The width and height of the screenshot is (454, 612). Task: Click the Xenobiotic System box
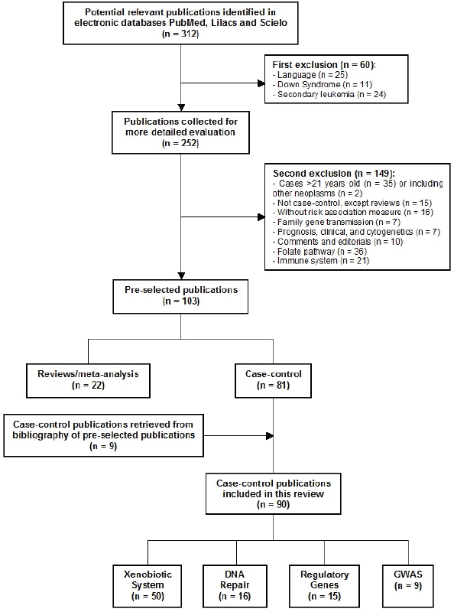pos(148,586)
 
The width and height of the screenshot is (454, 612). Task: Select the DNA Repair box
pos(235,586)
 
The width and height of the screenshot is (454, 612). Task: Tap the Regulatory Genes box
pos(324,586)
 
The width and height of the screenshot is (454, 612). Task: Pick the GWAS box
pos(408,584)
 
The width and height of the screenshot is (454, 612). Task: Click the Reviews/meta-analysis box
pos(88,380)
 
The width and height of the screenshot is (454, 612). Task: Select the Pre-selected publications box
pos(180,296)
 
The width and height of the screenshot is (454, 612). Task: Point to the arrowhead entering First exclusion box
pos(261,83)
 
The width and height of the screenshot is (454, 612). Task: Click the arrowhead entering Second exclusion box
pos(261,217)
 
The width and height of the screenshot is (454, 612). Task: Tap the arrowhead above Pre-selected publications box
pos(180,275)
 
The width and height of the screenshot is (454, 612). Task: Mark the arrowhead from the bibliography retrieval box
pos(270,435)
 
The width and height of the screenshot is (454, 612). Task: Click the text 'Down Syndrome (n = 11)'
pos(325,84)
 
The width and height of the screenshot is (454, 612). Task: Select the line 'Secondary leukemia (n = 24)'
pos(332,94)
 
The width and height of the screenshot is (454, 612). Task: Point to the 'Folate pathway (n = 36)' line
pos(322,252)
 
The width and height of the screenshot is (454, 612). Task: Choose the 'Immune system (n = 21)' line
pos(323,261)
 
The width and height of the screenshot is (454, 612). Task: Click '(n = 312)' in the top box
pos(180,34)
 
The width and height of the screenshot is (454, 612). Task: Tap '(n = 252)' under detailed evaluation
pos(180,143)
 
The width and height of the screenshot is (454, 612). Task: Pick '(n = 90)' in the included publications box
pos(274,505)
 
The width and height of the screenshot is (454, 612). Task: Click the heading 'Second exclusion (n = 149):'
pos(334,174)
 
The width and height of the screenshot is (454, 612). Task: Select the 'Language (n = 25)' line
pos(313,74)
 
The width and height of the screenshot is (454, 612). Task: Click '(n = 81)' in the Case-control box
pos(274,386)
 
